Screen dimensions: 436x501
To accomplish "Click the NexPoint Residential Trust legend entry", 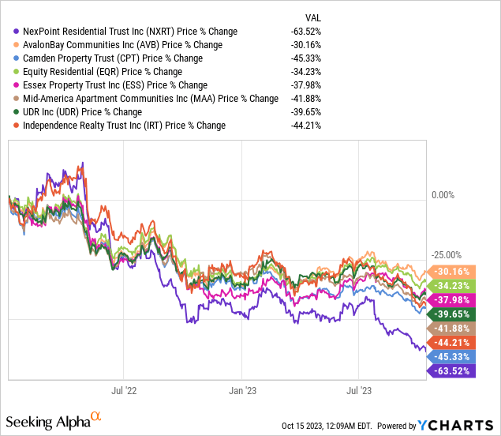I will click(x=130, y=32).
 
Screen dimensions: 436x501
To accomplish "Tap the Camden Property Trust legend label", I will click(x=113, y=58).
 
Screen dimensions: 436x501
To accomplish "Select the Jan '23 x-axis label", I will click(x=242, y=390).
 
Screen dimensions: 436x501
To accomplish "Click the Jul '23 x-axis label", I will click(x=359, y=390).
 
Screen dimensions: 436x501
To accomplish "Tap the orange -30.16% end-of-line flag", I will click(x=452, y=270).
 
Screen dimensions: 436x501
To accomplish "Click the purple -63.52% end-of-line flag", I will click(x=452, y=371).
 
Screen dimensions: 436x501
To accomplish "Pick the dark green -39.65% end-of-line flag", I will click(x=452, y=314).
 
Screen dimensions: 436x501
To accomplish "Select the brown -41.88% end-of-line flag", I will click(x=452, y=328).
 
